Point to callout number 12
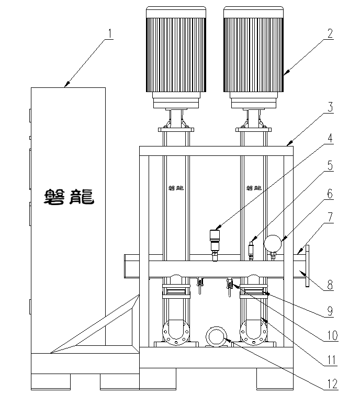tap(330, 384)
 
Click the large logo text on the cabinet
tap(69, 196)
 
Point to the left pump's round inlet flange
tap(174, 332)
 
